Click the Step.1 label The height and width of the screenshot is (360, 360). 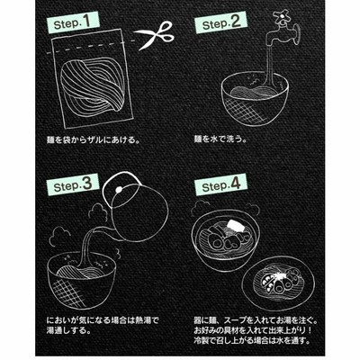coord(72,22)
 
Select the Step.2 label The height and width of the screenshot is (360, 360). coord(220,22)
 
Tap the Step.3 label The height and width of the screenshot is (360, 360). coord(73,185)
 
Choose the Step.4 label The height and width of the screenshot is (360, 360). coord(220,184)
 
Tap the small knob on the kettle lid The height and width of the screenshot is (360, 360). coord(120,190)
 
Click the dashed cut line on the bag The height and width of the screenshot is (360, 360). coord(91,48)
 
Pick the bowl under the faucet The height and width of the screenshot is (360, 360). coord(255,98)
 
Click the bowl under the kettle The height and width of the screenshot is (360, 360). coord(82,279)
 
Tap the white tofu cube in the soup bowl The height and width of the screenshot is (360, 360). coord(234,226)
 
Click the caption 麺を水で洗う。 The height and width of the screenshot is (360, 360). coord(220,139)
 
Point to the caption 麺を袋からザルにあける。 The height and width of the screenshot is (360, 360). coord(94,139)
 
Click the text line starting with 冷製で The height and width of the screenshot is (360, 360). coord(251,340)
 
